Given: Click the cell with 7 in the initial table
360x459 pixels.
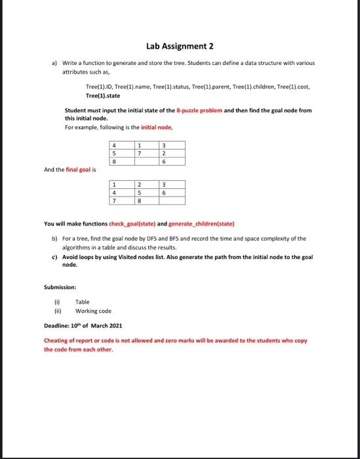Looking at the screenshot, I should tap(139, 153).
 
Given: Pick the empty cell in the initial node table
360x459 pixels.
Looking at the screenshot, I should tap(139, 161).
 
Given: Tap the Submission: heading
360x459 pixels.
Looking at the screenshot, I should tap(60, 287).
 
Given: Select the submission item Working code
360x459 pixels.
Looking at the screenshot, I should tap(94, 310).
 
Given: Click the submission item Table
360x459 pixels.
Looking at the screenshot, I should tap(83, 302).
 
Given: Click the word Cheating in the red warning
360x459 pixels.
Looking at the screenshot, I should tap(56, 341).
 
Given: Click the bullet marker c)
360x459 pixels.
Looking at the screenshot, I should tap(54, 257).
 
